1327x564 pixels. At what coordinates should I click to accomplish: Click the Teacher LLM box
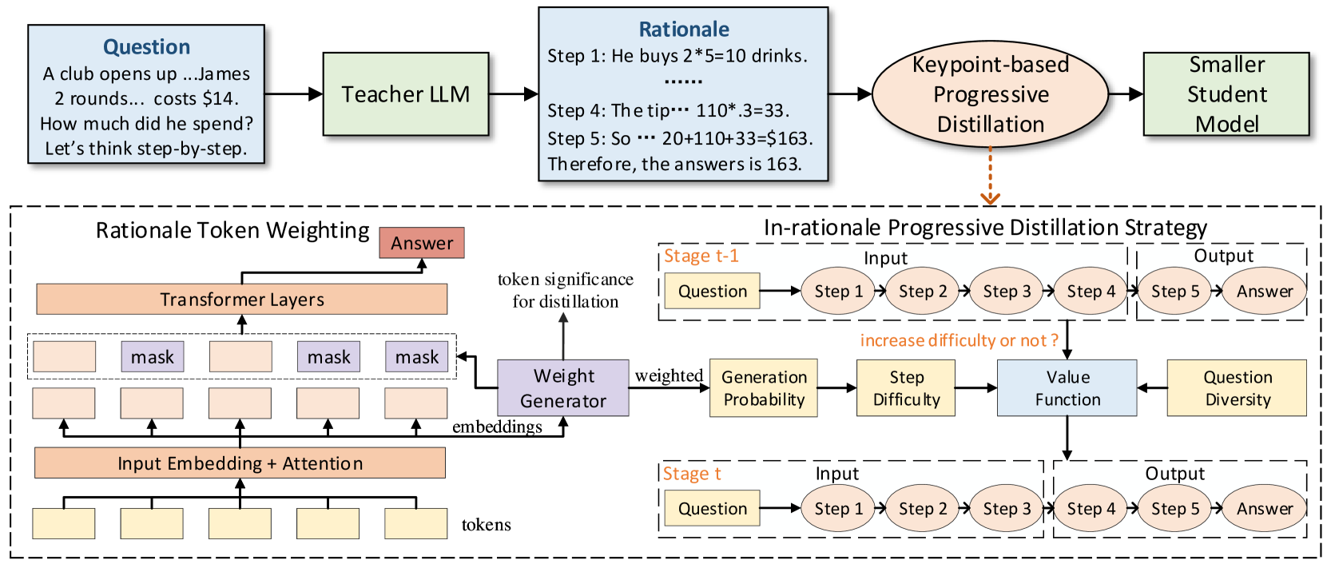[x=405, y=94]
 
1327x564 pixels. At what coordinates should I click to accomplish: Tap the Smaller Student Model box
[x=1226, y=94]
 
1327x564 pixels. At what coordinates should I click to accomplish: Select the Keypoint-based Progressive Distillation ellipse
[x=990, y=94]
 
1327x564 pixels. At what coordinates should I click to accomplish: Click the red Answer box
[x=422, y=243]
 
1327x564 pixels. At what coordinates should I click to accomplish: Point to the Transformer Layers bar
[x=241, y=300]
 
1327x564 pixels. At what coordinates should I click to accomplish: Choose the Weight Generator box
[x=562, y=388]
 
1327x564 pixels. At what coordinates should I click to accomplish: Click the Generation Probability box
[x=763, y=388]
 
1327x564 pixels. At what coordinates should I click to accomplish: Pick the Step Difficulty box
[x=906, y=388]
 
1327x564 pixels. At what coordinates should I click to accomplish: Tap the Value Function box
[x=1067, y=388]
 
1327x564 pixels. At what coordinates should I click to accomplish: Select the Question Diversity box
[x=1237, y=388]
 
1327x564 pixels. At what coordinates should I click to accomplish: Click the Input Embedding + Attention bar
[x=240, y=463]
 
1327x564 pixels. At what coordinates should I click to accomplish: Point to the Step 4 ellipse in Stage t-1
[x=1091, y=292]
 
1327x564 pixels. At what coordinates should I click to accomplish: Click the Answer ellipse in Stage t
[x=1264, y=509]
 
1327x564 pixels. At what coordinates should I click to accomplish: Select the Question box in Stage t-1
[x=712, y=292]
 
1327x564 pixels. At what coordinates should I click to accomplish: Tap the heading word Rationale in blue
[x=684, y=30]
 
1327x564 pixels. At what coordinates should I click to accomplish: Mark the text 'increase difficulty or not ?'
[x=959, y=340]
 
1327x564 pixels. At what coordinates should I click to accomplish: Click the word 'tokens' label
[x=486, y=525]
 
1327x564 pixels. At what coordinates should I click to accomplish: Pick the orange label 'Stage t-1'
[x=701, y=256]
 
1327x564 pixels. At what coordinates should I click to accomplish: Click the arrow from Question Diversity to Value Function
[x=1152, y=388]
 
